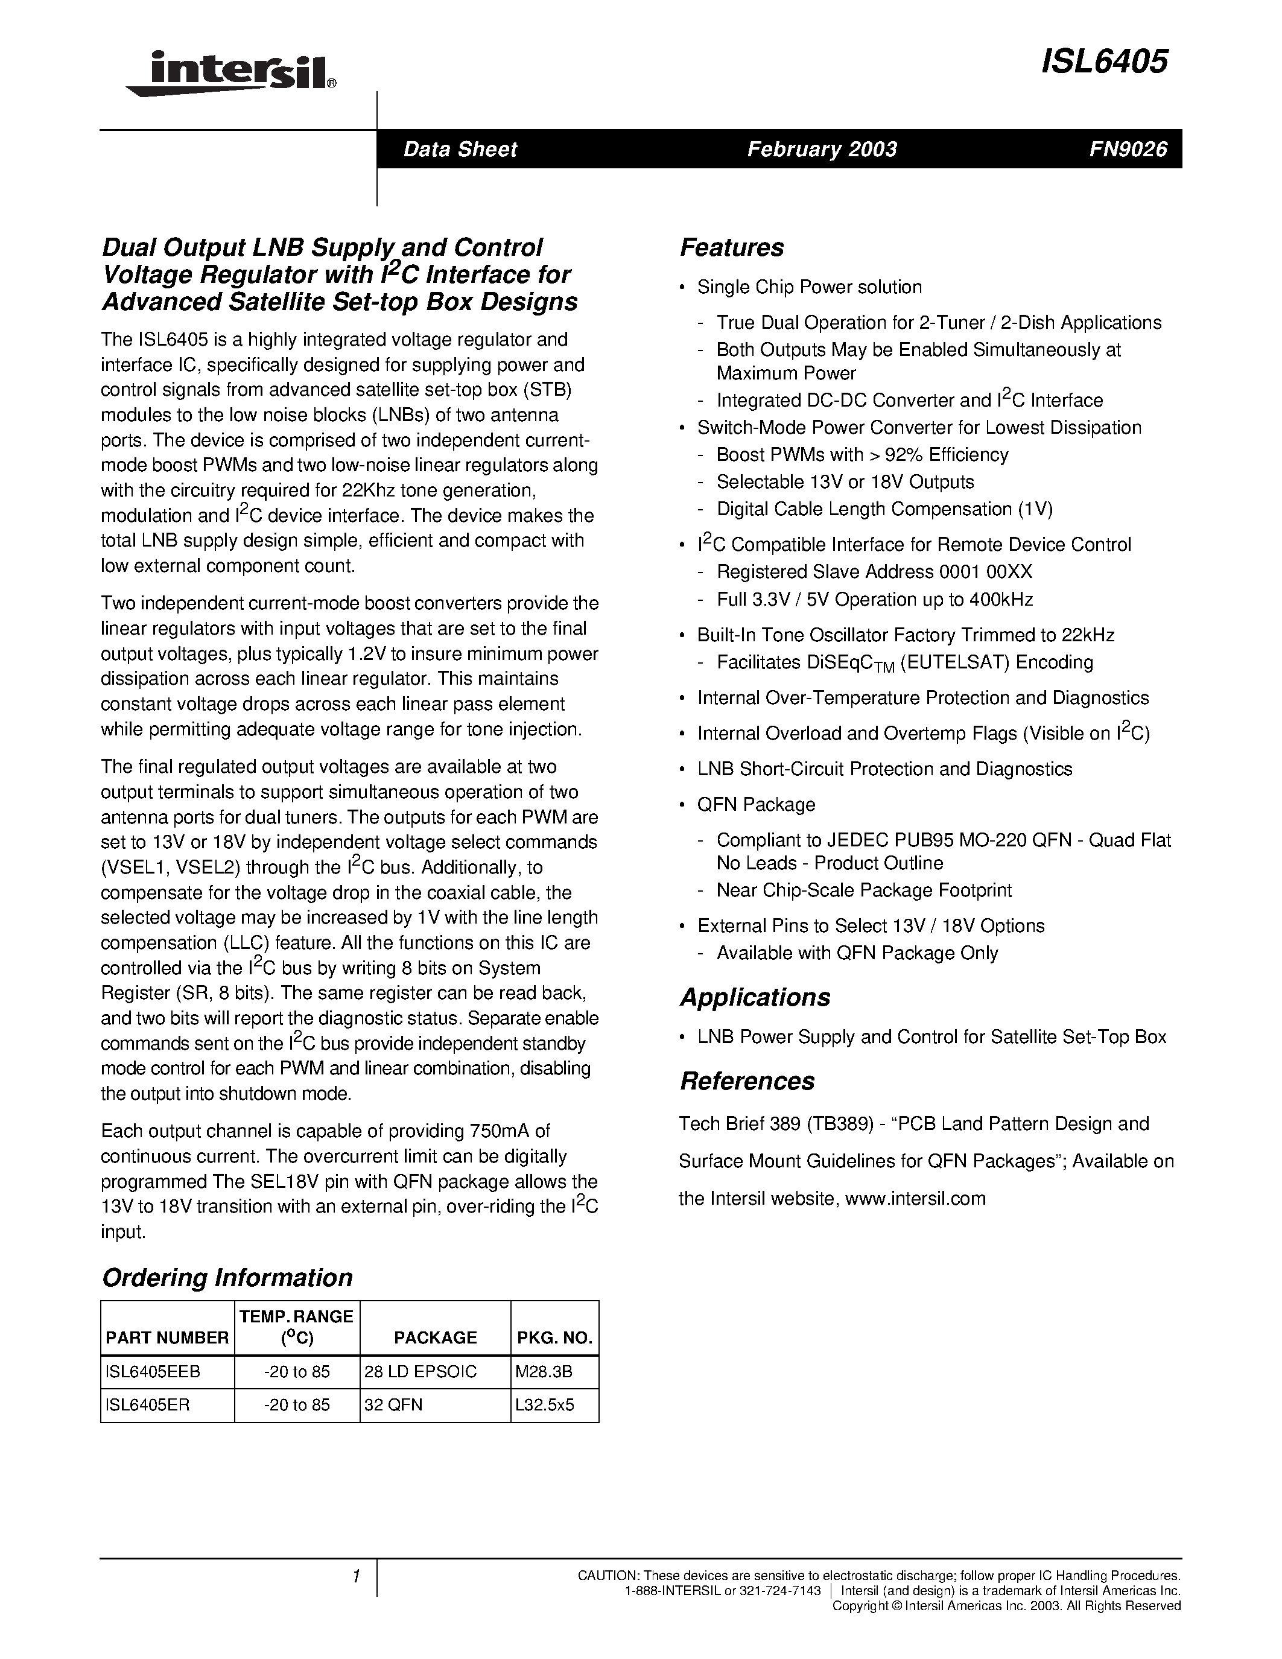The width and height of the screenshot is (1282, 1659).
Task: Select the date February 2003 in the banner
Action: pyautogui.click(x=822, y=149)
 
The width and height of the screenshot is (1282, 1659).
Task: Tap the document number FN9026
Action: pyautogui.click(x=1128, y=149)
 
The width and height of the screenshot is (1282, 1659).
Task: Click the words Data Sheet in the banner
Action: pyautogui.click(x=460, y=149)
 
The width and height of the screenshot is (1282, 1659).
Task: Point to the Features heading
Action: pyautogui.click(x=731, y=247)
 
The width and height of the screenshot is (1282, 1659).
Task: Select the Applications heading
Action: pyautogui.click(x=755, y=997)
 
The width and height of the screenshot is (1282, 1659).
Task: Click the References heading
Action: pyautogui.click(x=746, y=1081)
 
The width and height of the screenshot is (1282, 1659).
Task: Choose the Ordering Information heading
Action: pyautogui.click(x=227, y=1277)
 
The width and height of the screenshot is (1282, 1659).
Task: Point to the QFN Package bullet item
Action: pyautogui.click(x=757, y=804)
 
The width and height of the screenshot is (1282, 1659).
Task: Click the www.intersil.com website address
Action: pyautogui.click(x=915, y=1198)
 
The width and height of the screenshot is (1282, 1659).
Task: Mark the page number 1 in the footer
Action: pyautogui.click(x=355, y=1576)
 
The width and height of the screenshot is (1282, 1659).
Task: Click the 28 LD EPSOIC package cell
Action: pyautogui.click(x=420, y=1371)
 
